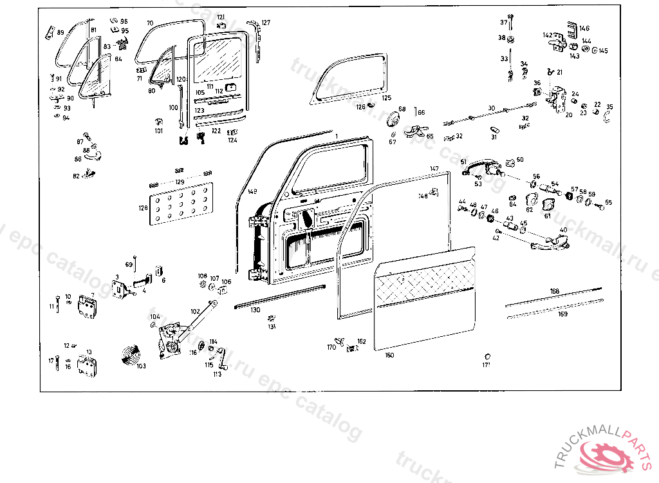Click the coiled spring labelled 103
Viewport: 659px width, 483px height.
tap(134, 354)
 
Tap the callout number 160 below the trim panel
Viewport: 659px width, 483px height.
tap(389, 355)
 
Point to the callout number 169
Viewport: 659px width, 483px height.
tap(562, 314)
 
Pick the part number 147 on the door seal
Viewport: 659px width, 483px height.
tap(435, 169)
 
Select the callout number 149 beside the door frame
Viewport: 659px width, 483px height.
tap(252, 192)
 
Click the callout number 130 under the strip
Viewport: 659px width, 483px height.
tap(255, 310)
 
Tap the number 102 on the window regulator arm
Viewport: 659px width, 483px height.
tap(195, 311)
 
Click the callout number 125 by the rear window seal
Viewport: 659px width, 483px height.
tap(386, 98)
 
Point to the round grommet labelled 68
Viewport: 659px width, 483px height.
tap(391, 120)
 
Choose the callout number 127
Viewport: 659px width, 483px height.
tap(266, 23)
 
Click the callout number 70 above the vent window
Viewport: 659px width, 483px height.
tap(149, 23)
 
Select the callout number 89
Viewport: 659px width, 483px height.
tap(60, 32)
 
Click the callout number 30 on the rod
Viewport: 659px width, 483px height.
tap(491, 108)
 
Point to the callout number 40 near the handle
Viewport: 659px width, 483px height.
tap(564, 230)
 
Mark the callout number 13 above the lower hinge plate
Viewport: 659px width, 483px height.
tap(89, 352)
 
